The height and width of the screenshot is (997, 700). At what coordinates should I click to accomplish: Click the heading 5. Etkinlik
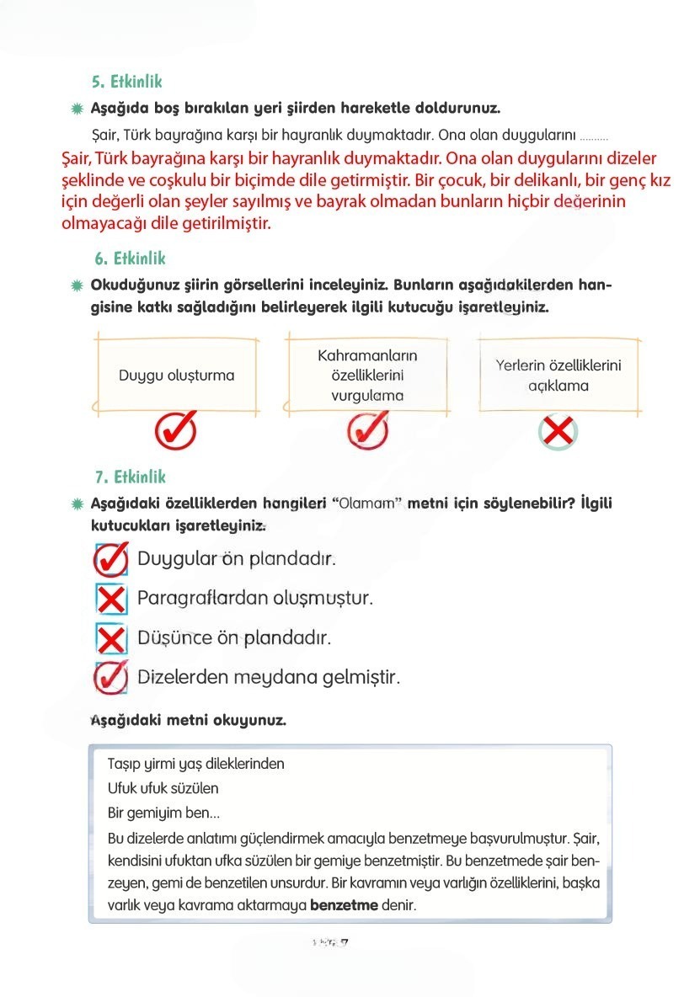click(x=126, y=82)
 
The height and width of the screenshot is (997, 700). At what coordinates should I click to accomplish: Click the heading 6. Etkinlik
click(x=130, y=259)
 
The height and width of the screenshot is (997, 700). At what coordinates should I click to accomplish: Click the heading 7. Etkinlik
click(x=130, y=477)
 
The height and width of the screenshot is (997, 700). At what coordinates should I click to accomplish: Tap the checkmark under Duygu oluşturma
click(x=176, y=431)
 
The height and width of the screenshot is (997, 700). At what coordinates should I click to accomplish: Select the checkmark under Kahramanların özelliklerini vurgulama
click(x=367, y=431)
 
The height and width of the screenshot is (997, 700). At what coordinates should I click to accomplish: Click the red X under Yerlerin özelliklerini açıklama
click(x=558, y=433)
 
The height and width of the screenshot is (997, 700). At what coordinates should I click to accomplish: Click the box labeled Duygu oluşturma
click(x=176, y=375)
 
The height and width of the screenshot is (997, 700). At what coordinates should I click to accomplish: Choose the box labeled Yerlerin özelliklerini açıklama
click(x=558, y=375)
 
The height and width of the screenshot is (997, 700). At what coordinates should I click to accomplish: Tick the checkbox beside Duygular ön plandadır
click(x=111, y=557)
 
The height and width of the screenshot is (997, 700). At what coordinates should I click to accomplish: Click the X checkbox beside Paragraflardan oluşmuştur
click(x=111, y=599)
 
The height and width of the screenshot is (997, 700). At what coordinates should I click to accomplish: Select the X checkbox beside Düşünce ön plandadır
click(x=111, y=638)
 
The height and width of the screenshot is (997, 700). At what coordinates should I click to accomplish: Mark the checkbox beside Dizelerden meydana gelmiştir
click(x=111, y=677)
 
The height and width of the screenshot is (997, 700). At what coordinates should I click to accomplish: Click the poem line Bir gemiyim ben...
click(x=164, y=813)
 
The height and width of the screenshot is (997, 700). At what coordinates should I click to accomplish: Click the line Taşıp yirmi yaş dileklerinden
click(x=196, y=764)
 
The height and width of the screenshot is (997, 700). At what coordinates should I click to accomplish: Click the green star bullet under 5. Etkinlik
click(x=77, y=109)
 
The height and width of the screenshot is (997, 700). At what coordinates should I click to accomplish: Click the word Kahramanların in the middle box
click(x=367, y=356)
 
